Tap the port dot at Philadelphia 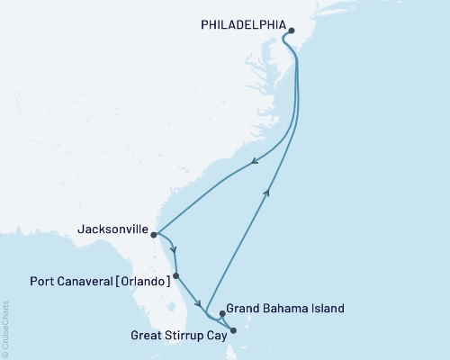coord(291,30)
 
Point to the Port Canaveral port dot coord(176,276)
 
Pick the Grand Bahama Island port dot coord(222,314)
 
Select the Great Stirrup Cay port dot coord(232,330)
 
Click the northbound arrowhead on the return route coord(266,191)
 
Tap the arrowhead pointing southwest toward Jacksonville coord(254,163)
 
